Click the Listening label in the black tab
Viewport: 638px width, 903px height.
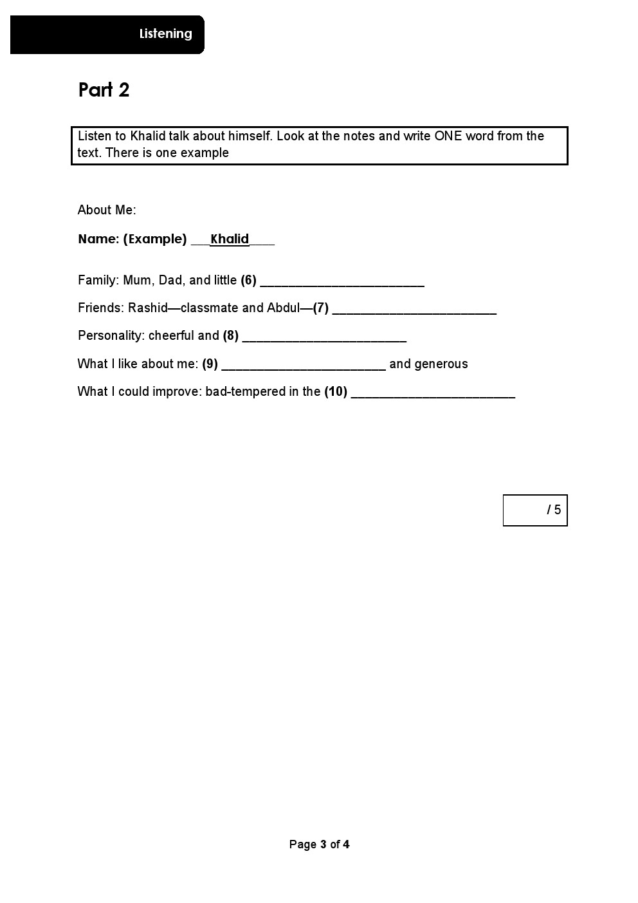[x=165, y=34]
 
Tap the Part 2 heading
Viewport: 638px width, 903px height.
[x=104, y=90]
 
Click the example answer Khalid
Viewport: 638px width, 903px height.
[x=230, y=239]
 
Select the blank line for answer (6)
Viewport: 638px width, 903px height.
[x=342, y=282]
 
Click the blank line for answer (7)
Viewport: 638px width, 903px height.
[x=414, y=310]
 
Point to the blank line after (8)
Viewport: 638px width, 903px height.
[x=324, y=337]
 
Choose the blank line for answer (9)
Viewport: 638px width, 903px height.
[x=303, y=366]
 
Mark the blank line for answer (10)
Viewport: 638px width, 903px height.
[x=433, y=393]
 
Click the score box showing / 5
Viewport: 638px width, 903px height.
[x=534, y=510]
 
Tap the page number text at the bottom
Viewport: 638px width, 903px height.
[x=319, y=844]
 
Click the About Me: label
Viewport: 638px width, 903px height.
[x=107, y=210]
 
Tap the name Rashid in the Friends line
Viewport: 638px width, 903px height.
[x=147, y=308]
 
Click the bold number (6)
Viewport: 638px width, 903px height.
[x=248, y=280]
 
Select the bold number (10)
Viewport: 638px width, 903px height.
[x=336, y=391]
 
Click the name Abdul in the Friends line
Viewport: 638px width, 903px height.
[x=283, y=308]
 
